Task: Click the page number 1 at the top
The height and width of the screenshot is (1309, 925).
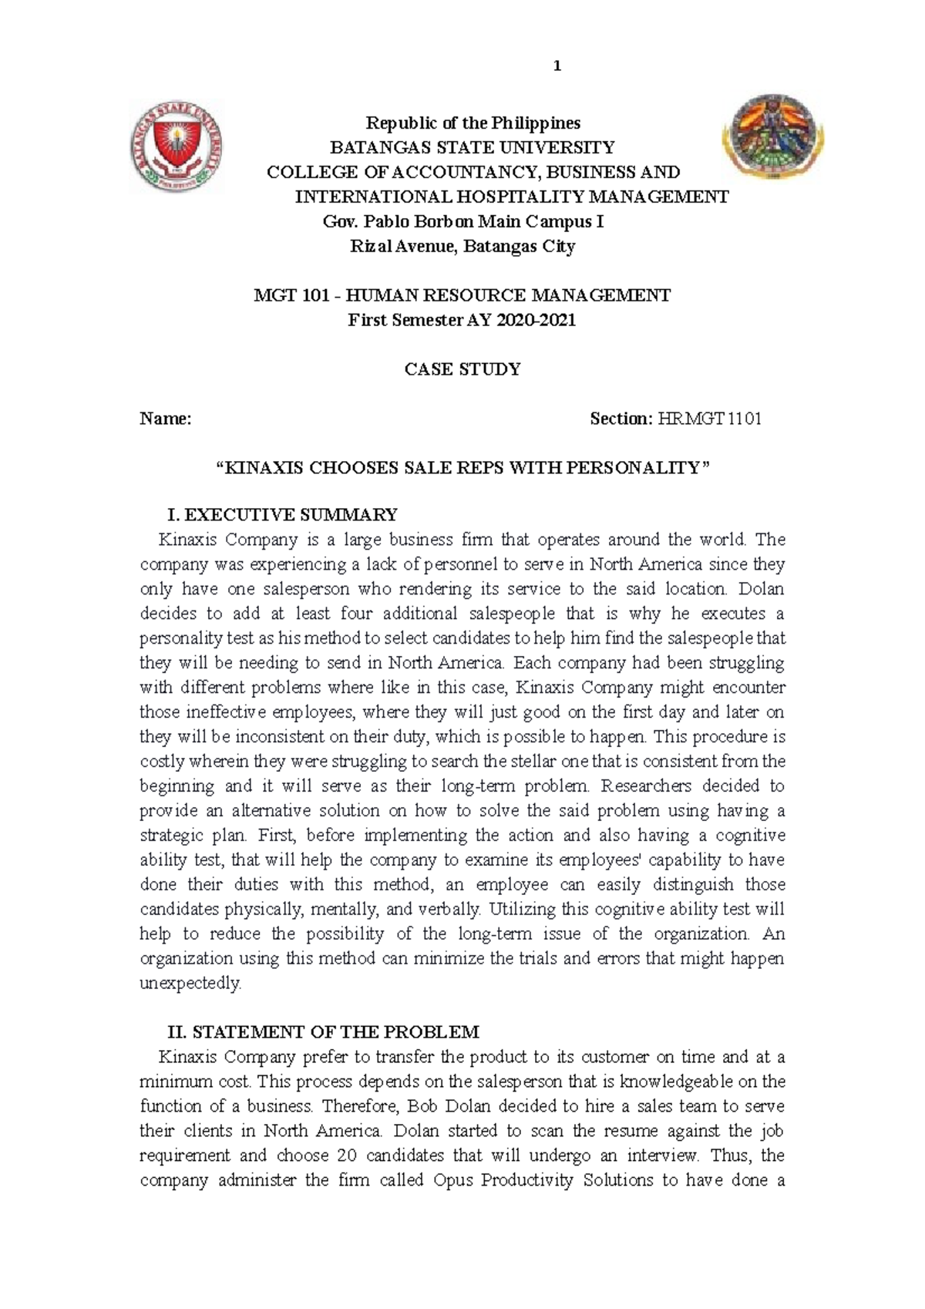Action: coord(557,66)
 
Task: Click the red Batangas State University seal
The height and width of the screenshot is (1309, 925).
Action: coord(177,146)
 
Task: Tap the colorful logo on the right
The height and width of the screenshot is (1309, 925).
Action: coord(773,136)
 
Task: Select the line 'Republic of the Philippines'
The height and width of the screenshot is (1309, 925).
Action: coord(473,123)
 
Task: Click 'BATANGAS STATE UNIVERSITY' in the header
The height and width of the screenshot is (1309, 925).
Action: coord(473,148)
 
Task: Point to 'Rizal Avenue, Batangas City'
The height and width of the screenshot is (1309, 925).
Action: coord(462,247)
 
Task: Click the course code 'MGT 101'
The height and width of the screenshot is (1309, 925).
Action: coord(295,296)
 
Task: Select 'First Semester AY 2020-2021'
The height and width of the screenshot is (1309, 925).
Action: coord(462,321)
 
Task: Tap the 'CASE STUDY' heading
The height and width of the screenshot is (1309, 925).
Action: coord(462,370)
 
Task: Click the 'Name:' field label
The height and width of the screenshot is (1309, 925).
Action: coord(165,419)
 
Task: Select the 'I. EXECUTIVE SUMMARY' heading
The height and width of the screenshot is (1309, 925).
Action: coord(282,515)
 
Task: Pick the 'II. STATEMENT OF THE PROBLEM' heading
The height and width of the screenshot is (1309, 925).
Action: coord(323,1032)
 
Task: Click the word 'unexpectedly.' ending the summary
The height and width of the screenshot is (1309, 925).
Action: coord(190,984)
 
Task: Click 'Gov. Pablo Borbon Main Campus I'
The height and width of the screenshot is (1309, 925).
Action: coord(462,222)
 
